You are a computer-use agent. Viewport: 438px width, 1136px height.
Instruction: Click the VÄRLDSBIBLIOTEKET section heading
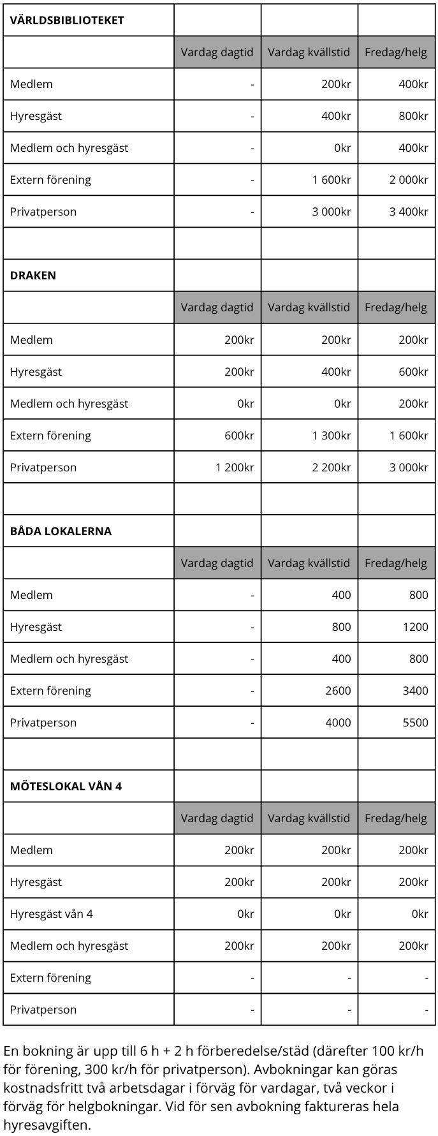67,20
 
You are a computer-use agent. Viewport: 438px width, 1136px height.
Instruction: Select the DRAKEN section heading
33,276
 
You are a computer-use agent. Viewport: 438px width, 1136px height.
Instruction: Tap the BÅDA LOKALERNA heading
61,531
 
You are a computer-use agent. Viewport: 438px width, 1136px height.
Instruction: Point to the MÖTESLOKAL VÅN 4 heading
66,786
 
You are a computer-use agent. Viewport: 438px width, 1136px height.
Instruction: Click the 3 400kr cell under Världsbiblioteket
409,212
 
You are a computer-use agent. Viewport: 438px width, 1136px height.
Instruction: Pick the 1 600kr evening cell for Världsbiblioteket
332,180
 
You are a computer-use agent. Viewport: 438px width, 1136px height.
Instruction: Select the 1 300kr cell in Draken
332,436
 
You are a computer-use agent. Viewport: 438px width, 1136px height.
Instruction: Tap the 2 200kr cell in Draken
332,468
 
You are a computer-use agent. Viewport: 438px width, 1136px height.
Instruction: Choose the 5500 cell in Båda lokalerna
416,723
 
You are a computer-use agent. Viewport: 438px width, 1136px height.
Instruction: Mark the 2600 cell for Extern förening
338,691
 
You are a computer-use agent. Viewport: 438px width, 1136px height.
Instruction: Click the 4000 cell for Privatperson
338,723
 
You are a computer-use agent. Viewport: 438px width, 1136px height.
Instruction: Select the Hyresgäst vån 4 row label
51,914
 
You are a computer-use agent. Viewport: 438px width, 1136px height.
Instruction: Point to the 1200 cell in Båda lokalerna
416,627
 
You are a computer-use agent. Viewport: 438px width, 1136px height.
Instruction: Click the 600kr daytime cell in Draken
239,436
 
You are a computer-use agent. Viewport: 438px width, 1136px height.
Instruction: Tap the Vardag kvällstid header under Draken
309,307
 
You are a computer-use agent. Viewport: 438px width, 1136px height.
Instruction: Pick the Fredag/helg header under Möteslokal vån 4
396,818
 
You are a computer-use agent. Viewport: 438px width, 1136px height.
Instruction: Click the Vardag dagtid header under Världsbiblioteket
217,52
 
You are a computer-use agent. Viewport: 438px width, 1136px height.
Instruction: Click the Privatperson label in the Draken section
43,468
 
